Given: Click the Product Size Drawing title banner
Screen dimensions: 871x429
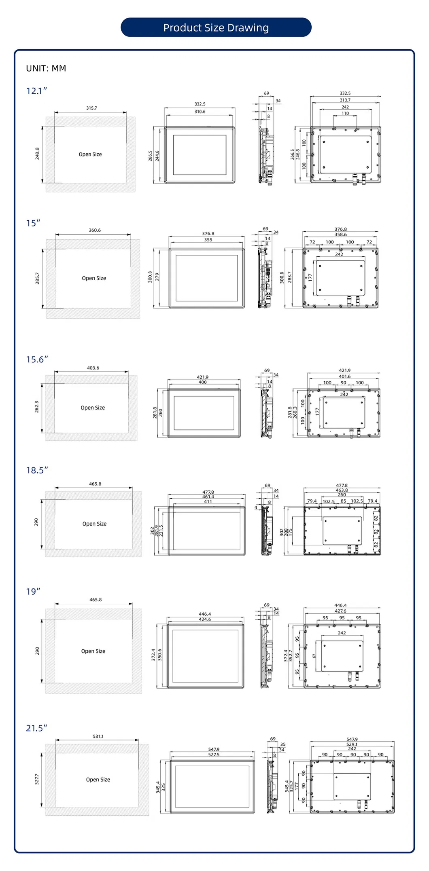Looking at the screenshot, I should tap(216, 27).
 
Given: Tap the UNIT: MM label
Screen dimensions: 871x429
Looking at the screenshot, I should tap(46, 68).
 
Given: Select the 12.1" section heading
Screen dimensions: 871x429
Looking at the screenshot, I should tap(36, 91).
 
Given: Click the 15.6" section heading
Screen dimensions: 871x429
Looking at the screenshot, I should tap(37, 359).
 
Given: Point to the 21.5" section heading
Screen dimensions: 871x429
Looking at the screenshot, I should tap(36, 728).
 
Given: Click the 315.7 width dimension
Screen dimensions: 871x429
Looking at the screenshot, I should tap(91, 108).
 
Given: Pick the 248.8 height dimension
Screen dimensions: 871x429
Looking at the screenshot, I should tap(37, 154).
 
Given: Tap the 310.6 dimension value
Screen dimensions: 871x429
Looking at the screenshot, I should tap(200, 112).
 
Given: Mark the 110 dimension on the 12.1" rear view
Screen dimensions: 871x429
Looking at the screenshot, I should tap(345, 113).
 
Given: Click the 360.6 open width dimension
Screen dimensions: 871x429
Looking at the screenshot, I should tap(95, 230).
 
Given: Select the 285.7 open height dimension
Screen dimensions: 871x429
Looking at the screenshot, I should tap(38, 278).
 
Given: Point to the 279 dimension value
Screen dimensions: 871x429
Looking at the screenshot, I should tap(157, 277).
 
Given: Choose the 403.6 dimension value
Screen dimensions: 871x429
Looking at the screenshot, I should tap(93, 368).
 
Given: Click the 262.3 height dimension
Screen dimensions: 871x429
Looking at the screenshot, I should tap(37, 407).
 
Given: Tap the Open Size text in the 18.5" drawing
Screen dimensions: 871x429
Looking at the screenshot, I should tap(95, 524).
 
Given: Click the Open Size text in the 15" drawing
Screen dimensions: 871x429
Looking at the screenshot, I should tap(94, 278).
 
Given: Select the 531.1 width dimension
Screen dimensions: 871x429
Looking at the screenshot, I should tap(98, 736).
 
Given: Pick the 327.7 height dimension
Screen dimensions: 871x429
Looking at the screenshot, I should tap(37, 779).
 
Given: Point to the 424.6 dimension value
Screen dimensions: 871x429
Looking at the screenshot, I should tap(205, 619).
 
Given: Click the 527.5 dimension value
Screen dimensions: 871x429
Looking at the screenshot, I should tap(214, 755).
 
